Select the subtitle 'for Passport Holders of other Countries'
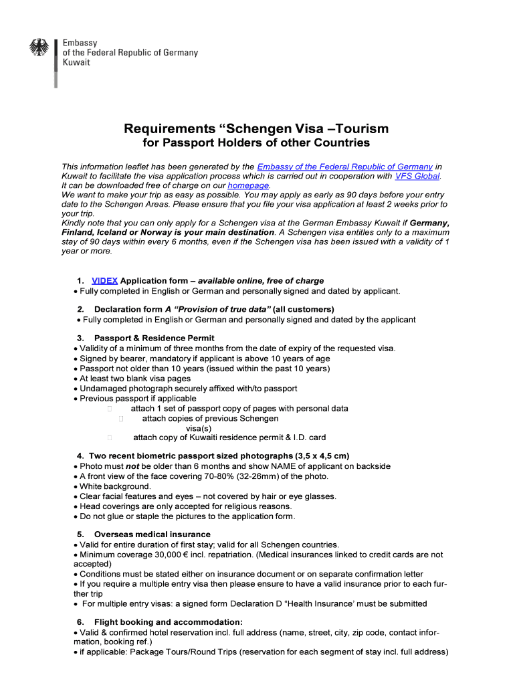(x=257, y=144)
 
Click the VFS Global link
(x=417, y=176)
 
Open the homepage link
(x=248, y=185)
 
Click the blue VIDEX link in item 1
(x=104, y=281)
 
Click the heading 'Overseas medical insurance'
(x=152, y=534)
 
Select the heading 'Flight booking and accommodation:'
(x=169, y=622)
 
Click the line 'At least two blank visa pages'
(x=135, y=379)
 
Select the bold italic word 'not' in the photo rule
(x=132, y=466)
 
